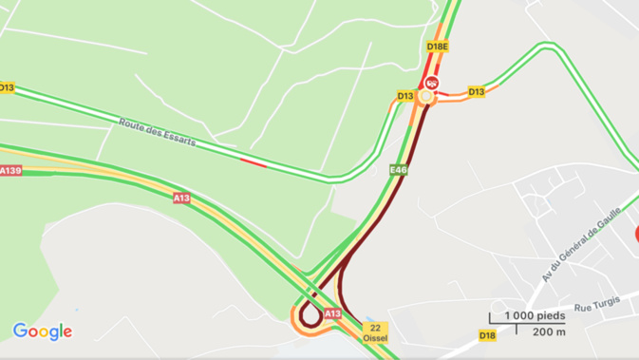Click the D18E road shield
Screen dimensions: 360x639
point(437,46)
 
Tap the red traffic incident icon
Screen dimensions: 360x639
point(432,83)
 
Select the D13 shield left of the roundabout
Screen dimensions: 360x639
point(405,96)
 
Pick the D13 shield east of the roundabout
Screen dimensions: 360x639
point(476,92)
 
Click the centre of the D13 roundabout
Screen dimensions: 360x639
point(426,96)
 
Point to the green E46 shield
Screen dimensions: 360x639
point(399,170)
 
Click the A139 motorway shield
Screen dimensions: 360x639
point(10,171)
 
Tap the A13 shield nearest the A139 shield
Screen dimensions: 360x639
point(181,199)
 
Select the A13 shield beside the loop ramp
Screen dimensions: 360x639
point(332,313)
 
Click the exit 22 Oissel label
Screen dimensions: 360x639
point(375,332)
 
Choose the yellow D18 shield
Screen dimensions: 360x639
point(487,335)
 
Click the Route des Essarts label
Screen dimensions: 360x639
point(158,132)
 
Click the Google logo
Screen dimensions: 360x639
point(42,332)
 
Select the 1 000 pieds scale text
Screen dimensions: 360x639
point(535,316)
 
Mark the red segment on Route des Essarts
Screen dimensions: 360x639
point(253,162)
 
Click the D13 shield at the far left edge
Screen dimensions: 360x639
point(7,87)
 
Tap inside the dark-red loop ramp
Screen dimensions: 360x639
point(310,314)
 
